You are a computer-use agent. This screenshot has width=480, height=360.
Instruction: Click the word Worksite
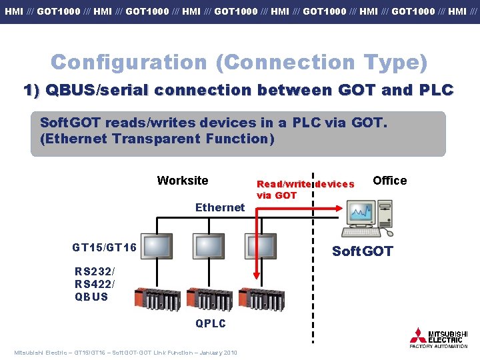coord(182,181)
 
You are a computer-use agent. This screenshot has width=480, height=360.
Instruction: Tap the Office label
coord(389,181)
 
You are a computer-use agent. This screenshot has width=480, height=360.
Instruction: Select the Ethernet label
coord(220,207)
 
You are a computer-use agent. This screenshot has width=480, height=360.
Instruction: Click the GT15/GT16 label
coord(104,247)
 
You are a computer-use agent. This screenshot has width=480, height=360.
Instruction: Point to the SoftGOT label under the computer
coord(363,251)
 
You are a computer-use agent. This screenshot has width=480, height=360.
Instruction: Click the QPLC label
coord(211,324)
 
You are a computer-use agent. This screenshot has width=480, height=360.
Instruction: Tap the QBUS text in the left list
coord(91,297)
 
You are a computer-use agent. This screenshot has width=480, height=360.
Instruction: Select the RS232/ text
coord(95,271)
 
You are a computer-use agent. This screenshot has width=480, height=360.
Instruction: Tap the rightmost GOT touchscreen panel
coord(259,246)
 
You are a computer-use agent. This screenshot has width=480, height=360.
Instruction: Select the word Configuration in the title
coord(129,62)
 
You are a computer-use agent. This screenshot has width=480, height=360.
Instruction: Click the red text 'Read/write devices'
coord(305,184)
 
